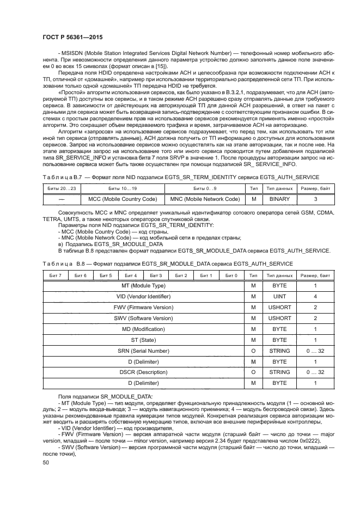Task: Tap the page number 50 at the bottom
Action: pos(46,462)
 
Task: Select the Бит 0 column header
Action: pos(231,275)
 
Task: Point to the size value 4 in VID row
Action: pos(315,297)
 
